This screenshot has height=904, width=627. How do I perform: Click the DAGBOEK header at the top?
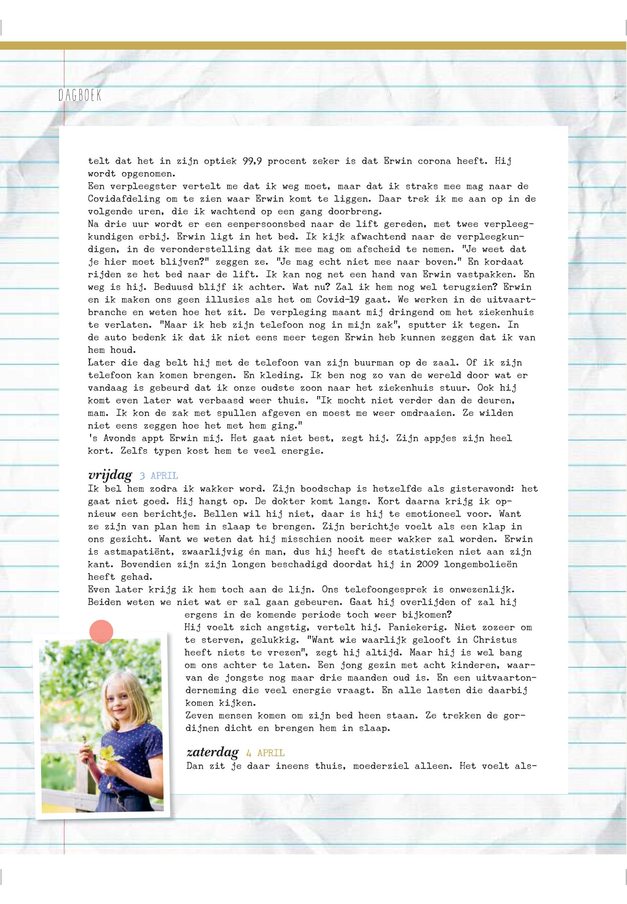point(80,95)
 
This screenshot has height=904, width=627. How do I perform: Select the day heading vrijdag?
point(110,475)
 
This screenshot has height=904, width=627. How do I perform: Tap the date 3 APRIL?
point(158,476)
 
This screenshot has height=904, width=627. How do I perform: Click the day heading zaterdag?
point(212,752)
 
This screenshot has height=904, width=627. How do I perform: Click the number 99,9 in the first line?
point(252,161)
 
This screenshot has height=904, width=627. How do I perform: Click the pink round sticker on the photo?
point(101,631)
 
